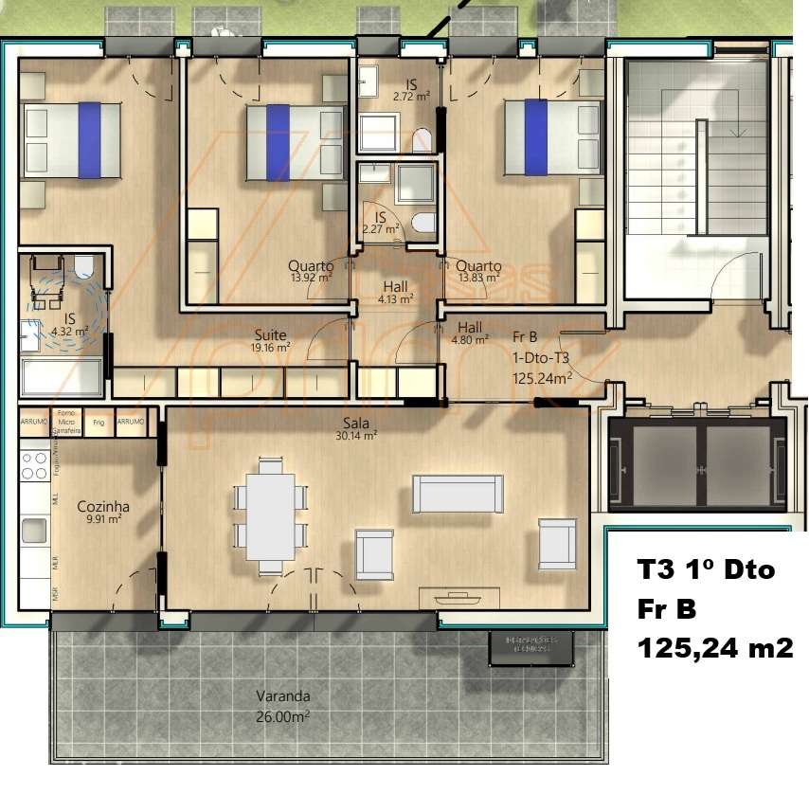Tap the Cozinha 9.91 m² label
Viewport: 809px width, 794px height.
click(103, 513)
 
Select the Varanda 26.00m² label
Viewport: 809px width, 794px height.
click(282, 706)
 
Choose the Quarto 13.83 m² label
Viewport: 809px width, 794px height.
click(478, 272)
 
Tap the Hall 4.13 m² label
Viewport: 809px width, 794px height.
click(397, 292)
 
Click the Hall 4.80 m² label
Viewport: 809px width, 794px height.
click(470, 333)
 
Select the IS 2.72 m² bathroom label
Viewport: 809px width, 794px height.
click(411, 91)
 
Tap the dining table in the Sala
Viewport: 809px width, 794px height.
click(271, 515)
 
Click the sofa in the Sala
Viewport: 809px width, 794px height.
click(457, 494)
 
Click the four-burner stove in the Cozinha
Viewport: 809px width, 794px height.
click(35, 465)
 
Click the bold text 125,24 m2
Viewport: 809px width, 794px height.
click(714, 648)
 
